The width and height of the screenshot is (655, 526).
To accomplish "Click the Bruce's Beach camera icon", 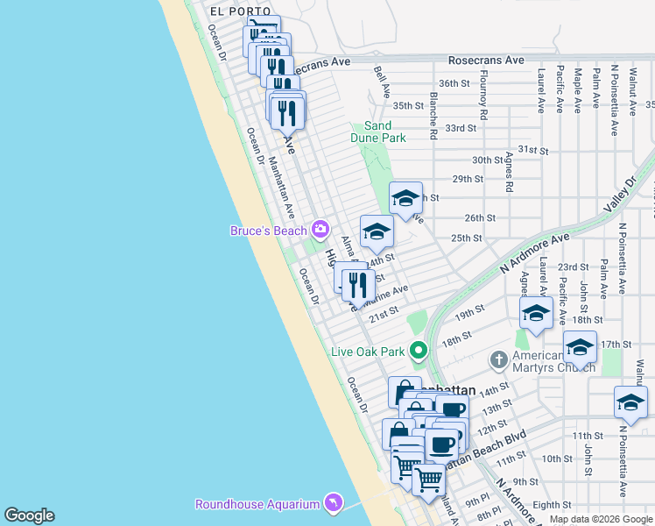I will [320, 230].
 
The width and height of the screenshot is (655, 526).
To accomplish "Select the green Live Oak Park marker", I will [419, 352].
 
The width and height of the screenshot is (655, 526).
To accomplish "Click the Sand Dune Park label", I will [378, 132].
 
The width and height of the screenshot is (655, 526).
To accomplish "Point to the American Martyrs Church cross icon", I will [499, 359].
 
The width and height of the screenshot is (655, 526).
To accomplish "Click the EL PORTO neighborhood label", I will [235, 11].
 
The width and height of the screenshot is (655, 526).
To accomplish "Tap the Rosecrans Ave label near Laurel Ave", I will [485, 60].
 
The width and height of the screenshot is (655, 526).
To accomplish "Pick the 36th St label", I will [454, 83].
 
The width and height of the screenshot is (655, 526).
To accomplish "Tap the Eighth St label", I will [552, 505].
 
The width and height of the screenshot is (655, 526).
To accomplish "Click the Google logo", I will [29, 515].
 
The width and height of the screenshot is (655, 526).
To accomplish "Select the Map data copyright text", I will [600, 519].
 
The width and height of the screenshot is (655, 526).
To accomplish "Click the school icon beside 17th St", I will [579, 346].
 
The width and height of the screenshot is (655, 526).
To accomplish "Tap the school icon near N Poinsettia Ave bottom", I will [630, 402].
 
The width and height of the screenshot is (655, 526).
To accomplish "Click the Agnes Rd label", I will [509, 171].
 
